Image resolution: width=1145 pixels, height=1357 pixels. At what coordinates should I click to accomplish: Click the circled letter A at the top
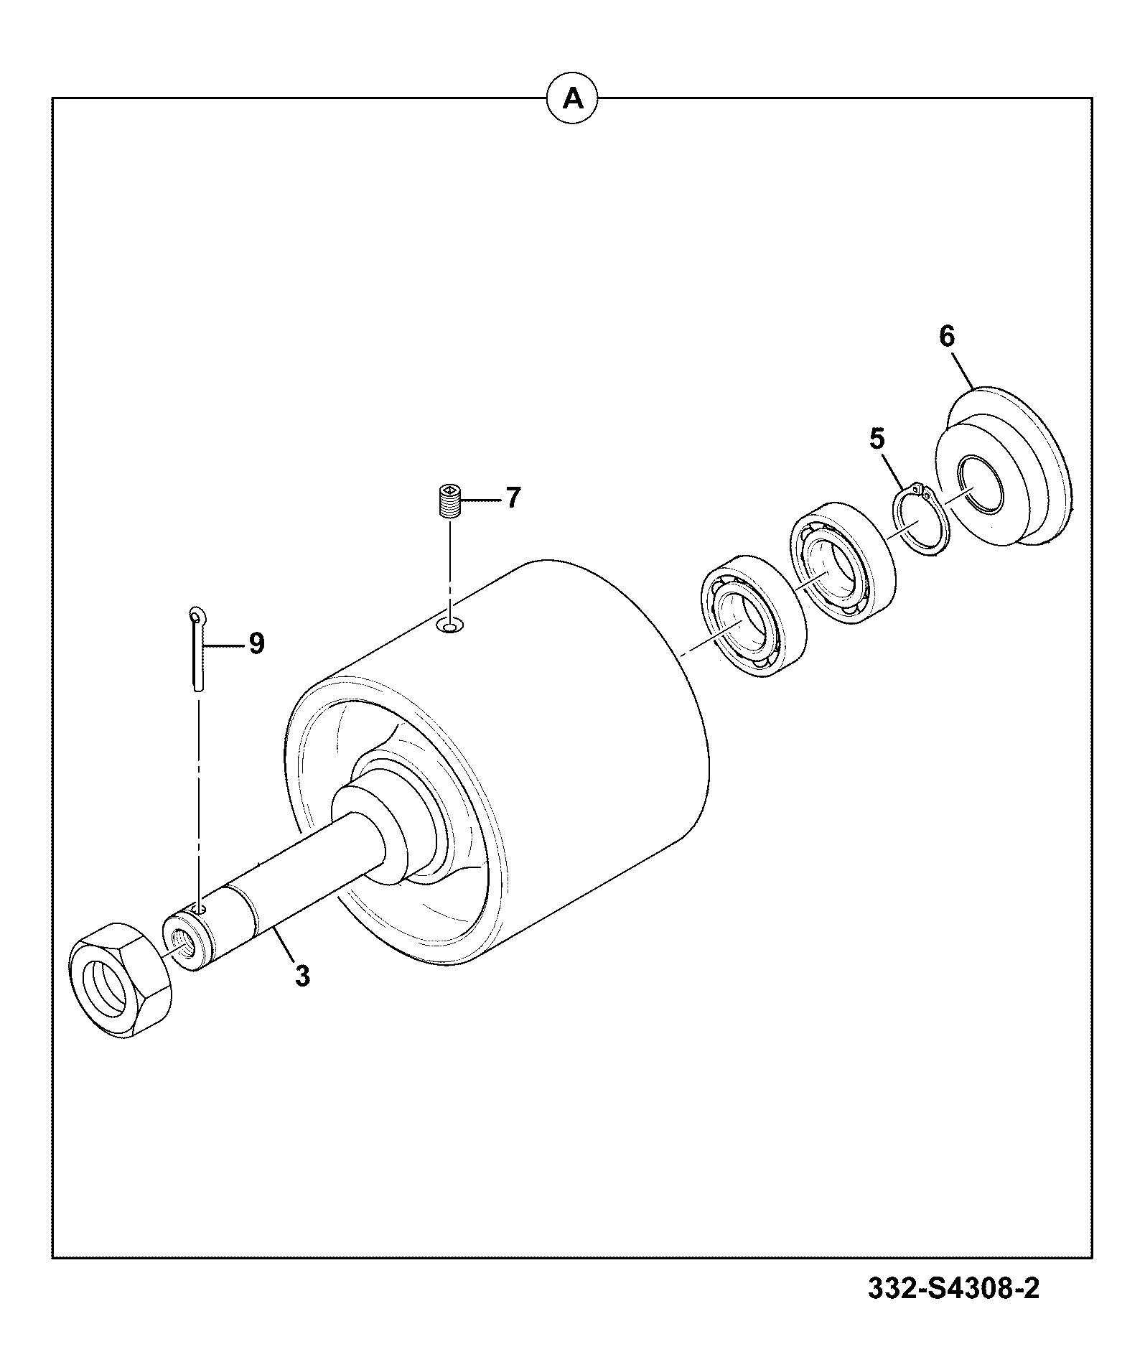[x=572, y=98]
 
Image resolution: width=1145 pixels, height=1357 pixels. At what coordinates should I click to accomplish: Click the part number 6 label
[x=947, y=336]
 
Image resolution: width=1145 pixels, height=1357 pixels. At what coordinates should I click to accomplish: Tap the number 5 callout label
[x=877, y=439]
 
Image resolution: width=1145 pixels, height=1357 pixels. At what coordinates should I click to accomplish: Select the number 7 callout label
[x=513, y=498]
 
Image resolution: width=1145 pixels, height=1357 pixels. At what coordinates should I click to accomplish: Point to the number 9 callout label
[x=256, y=643]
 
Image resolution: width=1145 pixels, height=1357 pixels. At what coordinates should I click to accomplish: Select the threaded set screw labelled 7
[x=449, y=500]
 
